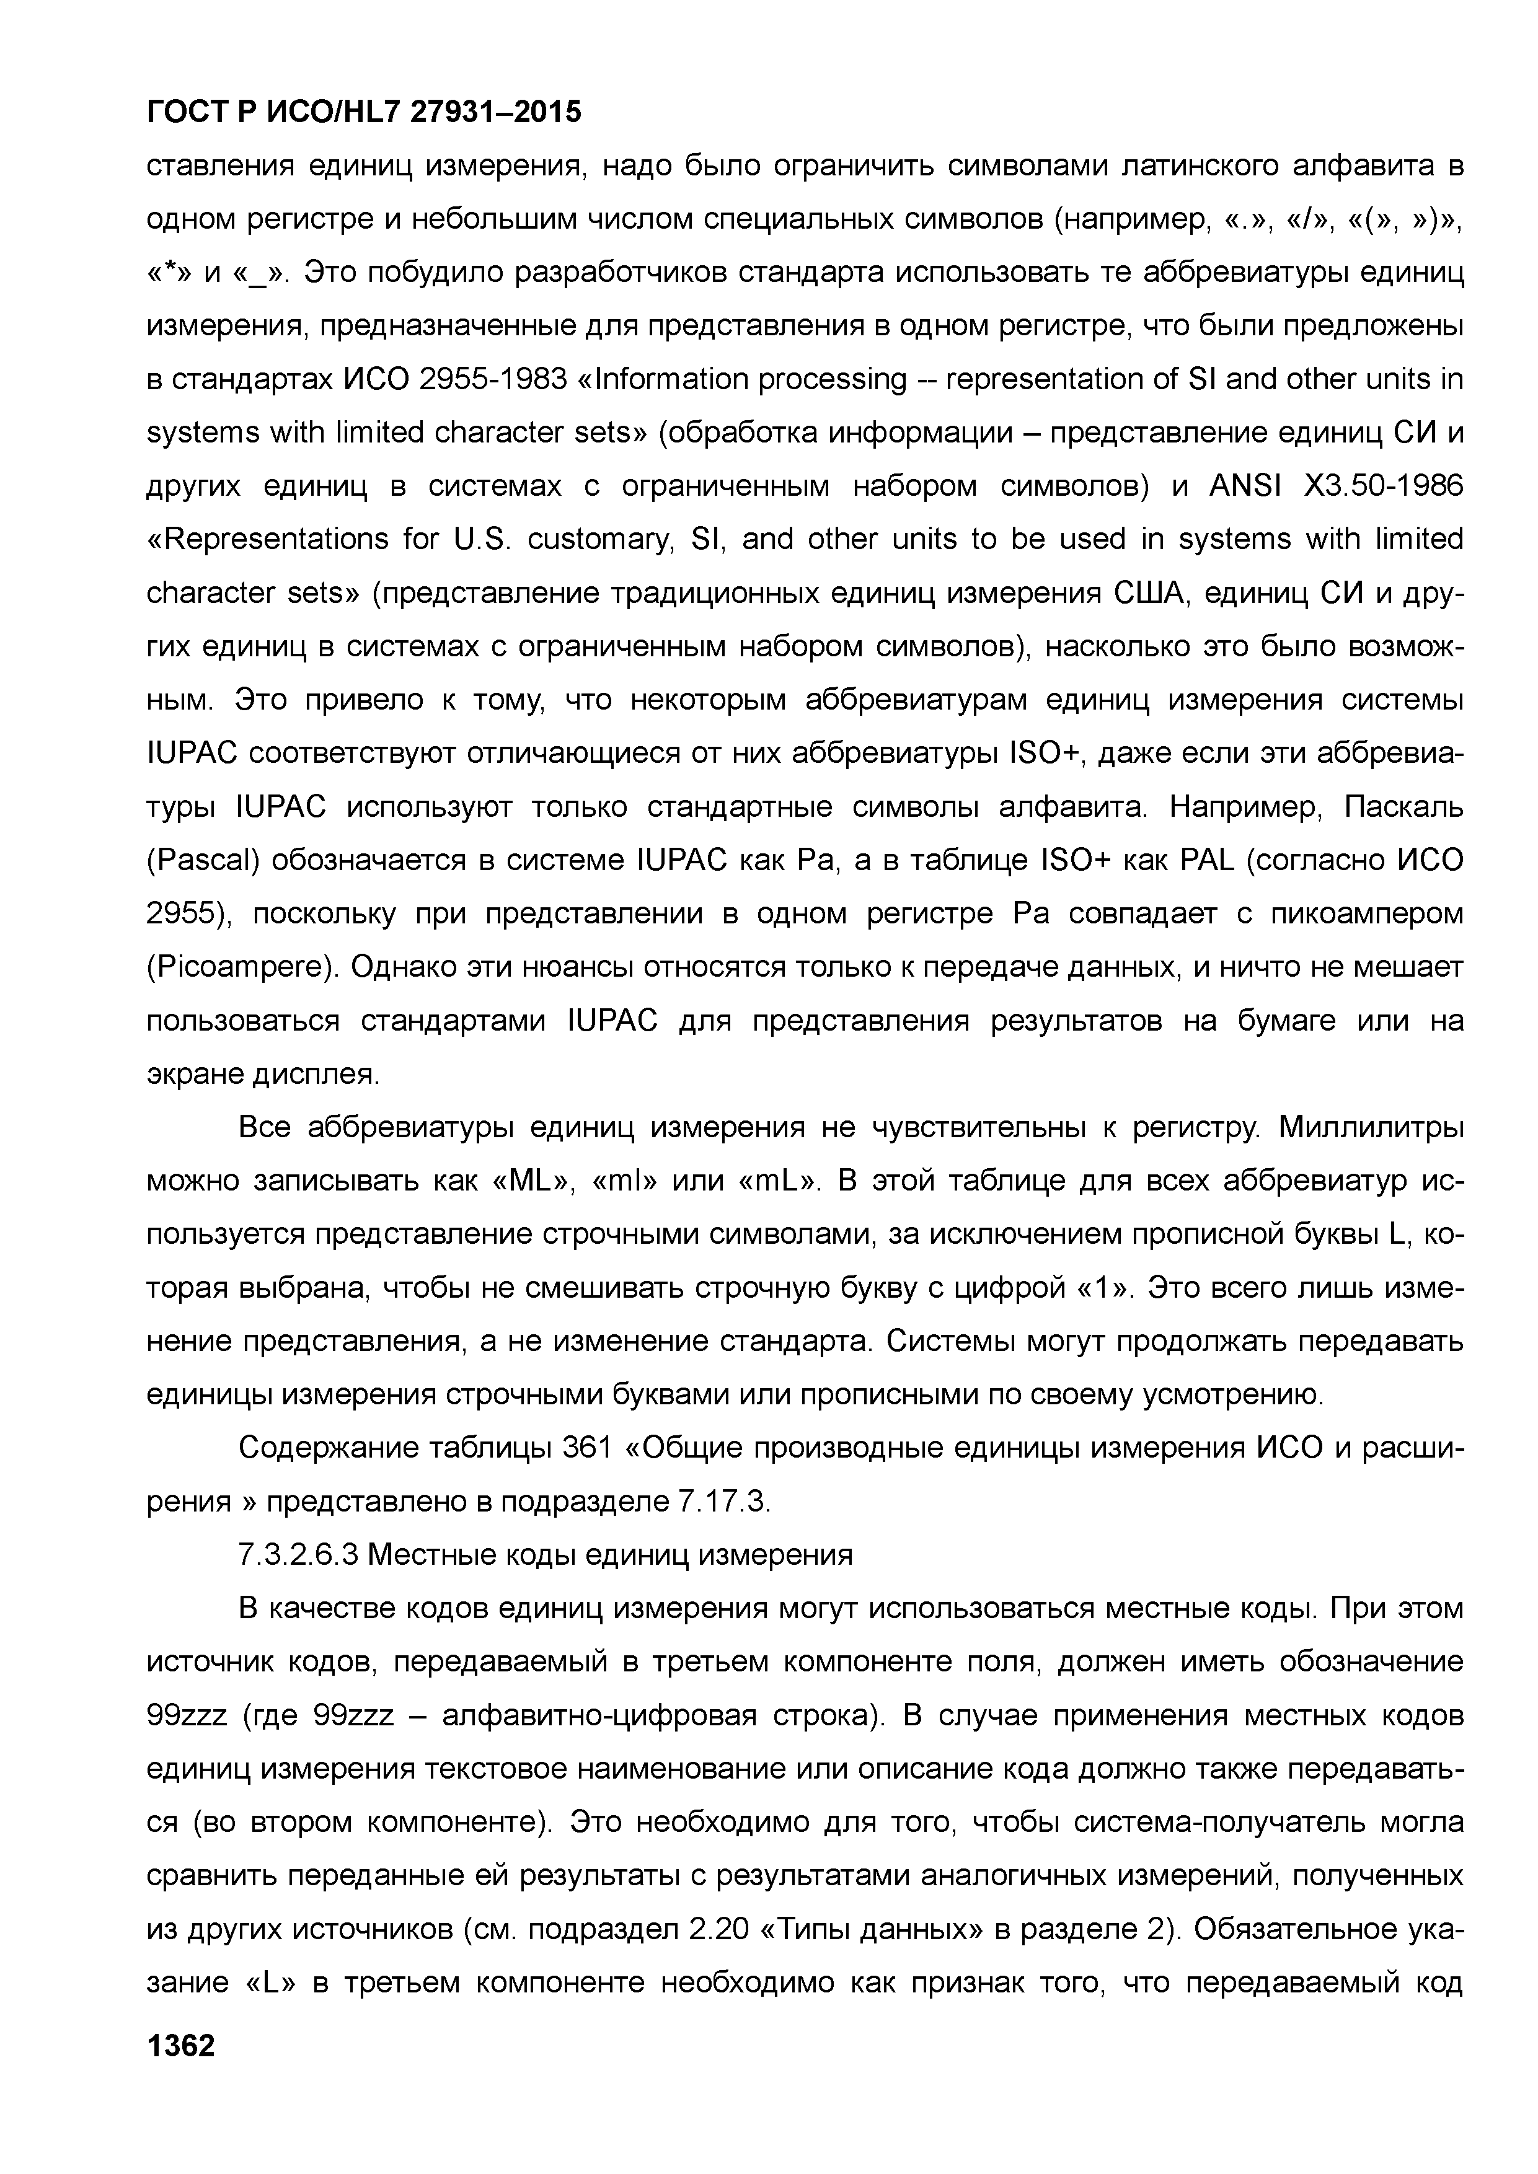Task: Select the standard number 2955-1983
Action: (x=492, y=380)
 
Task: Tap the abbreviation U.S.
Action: (x=483, y=540)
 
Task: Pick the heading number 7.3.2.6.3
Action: (x=299, y=1556)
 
